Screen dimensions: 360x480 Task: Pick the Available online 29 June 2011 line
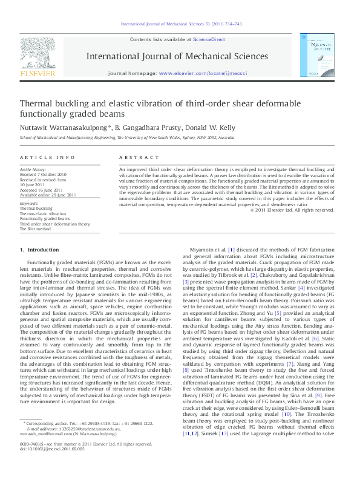coord(48,195)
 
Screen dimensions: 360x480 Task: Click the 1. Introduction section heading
coord(39,249)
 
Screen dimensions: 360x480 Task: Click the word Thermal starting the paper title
coord(37,103)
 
